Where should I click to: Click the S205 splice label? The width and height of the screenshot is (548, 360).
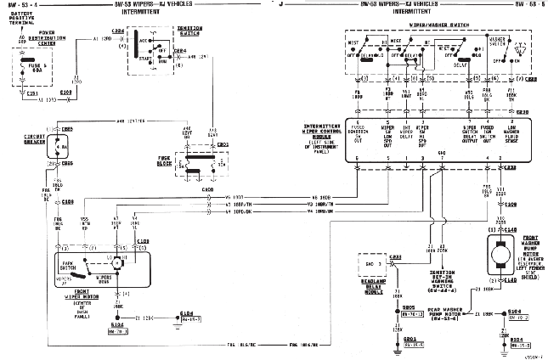point(409,309)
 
